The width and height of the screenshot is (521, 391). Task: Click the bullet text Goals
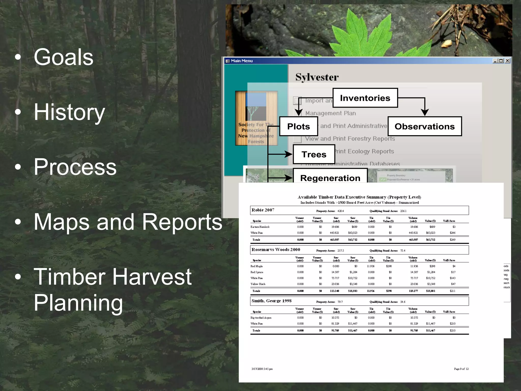pos(64,57)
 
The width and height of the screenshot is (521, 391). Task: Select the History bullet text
pos(69,112)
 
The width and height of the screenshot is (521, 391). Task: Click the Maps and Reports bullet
pos(128,222)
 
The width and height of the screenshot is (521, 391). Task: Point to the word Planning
pos(78,302)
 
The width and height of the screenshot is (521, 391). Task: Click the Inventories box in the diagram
pos(365,98)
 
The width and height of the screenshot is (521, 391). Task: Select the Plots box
pos(298,127)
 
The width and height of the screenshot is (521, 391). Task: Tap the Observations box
pos(424,127)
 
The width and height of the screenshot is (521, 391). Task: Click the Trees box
pos(314,155)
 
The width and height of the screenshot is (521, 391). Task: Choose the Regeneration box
pos(330,177)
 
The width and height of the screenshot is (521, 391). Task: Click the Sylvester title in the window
pos(317,77)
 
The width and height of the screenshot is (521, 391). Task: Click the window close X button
pos(507,61)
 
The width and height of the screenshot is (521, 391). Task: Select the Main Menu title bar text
pos(242,61)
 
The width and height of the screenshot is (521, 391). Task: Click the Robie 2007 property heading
pos(263,210)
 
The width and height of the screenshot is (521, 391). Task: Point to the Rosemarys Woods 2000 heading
pos(276,249)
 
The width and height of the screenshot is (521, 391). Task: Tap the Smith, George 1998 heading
pos(271,301)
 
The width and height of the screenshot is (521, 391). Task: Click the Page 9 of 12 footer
pos(461,369)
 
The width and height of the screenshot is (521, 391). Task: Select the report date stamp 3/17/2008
pos(262,369)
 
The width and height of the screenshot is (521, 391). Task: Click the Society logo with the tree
pos(256,118)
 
